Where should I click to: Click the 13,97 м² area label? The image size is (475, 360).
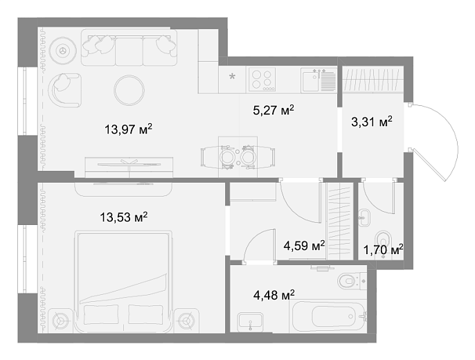[x=128, y=129]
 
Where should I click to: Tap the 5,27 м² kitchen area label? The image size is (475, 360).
[x=274, y=109]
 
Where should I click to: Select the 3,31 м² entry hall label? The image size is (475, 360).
[x=372, y=122]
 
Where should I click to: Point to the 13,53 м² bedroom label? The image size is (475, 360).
[x=123, y=217]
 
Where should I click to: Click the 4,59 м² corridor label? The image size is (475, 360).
[x=304, y=245]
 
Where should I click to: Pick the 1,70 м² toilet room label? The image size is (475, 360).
[x=383, y=250]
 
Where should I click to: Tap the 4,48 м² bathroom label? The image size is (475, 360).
[x=274, y=295]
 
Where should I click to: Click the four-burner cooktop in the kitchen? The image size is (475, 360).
[x=262, y=79]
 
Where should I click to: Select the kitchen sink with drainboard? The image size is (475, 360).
[x=319, y=80]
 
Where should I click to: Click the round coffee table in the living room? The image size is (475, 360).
[x=129, y=90]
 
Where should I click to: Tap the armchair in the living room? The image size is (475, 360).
[x=65, y=90]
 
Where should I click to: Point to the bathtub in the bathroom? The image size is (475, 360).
[x=328, y=316]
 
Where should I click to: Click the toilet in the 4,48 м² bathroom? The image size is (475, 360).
[x=352, y=281]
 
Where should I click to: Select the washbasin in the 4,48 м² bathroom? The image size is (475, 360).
[x=250, y=321]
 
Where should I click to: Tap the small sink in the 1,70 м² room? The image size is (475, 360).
[x=364, y=217]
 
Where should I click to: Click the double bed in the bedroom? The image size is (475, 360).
[x=123, y=282]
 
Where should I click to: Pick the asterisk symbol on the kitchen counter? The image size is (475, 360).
[x=233, y=76]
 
